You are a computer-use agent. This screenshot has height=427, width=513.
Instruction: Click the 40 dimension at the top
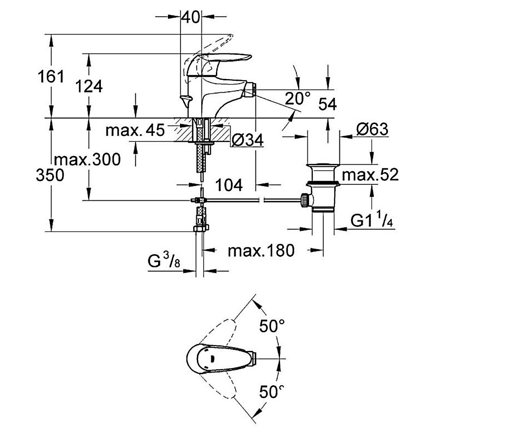coord(191,18)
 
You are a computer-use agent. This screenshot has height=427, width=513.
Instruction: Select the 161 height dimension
coord(51,76)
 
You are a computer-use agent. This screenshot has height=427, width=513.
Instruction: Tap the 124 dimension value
coord(88,86)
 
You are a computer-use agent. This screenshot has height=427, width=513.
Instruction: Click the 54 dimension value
coord(327,104)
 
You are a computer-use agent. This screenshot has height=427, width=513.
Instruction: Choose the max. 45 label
coord(135,130)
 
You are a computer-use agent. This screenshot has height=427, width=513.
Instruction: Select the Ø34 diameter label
coord(248,140)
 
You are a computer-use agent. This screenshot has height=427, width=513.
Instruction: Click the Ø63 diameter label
coord(372,129)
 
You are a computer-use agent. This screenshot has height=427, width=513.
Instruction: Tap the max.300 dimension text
coord(87,160)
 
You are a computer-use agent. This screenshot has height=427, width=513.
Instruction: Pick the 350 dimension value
coord(50,175)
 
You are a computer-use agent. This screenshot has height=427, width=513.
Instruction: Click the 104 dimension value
coord(229,185)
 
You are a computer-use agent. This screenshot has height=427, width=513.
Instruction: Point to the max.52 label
coord(370,175)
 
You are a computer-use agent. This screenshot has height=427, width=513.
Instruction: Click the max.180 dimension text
coord(261,251)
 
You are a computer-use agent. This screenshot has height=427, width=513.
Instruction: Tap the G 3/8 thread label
coord(164,260)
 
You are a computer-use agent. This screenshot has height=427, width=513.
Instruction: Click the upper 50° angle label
coord(272,326)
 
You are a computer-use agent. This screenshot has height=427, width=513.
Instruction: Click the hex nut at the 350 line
coord(201,228)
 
